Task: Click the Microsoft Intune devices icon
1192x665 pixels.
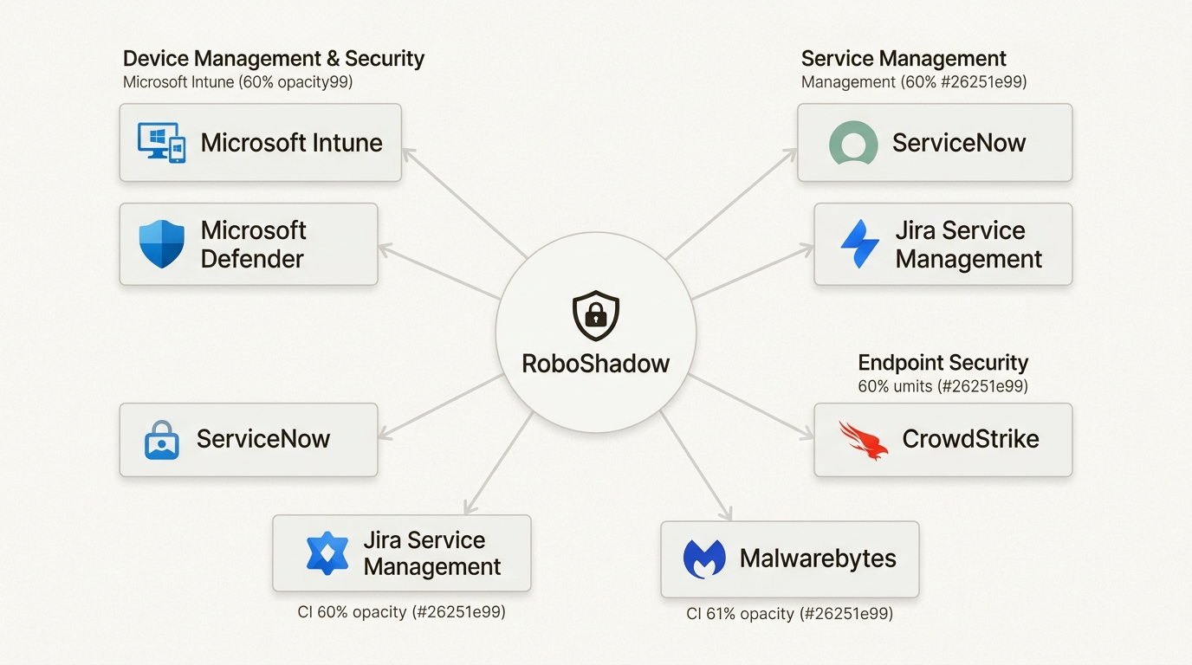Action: coord(162,142)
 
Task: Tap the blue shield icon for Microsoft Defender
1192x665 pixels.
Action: coord(162,244)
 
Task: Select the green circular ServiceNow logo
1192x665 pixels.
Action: coord(853,143)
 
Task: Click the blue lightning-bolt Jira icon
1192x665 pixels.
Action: coord(859,244)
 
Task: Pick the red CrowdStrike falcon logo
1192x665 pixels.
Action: coord(864,439)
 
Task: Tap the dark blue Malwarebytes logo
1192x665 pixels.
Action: coord(704,559)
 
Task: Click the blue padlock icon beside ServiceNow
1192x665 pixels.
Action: coord(161,440)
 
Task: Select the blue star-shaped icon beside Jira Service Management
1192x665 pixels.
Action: coord(327,553)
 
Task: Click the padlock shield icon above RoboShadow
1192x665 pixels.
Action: coord(596,316)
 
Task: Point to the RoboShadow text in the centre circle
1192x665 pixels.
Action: coord(596,363)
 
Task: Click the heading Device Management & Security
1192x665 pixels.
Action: coord(274,59)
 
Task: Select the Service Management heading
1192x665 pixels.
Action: coord(904,59)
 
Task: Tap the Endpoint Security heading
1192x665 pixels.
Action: coord(943,363)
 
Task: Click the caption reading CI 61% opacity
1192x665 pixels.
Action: coord(789,614)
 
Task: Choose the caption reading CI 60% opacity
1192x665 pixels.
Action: coord(401,612)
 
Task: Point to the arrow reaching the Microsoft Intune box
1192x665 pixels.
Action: coord(465,203)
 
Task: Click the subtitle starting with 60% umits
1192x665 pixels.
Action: coord(943,386)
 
